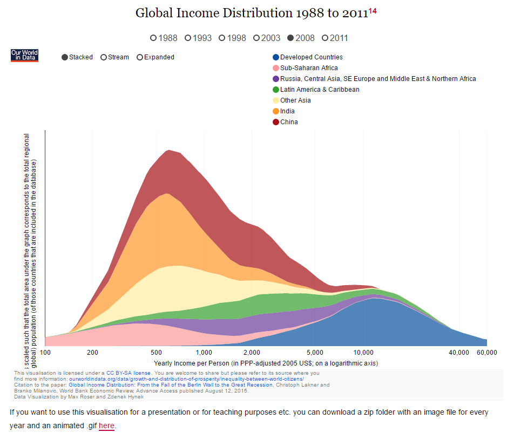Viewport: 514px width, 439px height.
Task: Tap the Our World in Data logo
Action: (x=24, y=55)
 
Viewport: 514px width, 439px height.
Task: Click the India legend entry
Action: (x=287, y=111)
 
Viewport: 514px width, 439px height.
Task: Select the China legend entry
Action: (x=289, y=122)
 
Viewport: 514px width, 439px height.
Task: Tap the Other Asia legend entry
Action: (x=295, y=100)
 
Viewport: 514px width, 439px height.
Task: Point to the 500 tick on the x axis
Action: (x=157, y=353)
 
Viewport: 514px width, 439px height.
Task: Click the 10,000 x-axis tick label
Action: (x=363, y=353)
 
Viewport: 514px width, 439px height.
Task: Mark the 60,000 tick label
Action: (x=486, y=353)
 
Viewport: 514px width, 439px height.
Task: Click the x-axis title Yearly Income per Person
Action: (x=266, y=363)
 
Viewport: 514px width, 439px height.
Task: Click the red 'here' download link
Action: (x=106, y=426)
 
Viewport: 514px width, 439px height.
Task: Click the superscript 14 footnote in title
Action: (x=373, y=11)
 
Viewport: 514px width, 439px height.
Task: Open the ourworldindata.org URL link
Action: (x=186, y=379)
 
